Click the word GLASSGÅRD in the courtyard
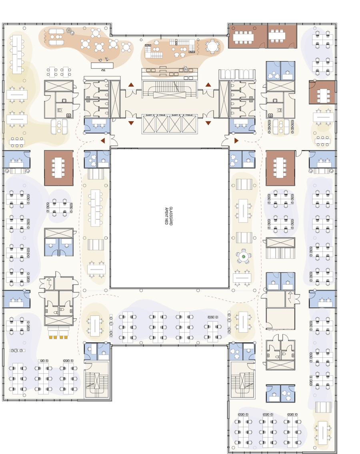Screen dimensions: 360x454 [171, 216]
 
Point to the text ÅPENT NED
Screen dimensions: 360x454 [166, 216]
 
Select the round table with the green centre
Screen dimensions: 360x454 [244, 257]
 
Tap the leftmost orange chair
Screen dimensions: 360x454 [51, 337]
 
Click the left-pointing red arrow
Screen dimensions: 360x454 [103, 141]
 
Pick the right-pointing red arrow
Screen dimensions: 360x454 [236, 141]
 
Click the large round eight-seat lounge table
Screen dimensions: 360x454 [212, 46]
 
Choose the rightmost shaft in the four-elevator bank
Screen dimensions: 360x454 [189, 124]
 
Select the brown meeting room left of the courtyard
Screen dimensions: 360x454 [58, 168]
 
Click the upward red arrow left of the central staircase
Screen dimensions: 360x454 [131, 85]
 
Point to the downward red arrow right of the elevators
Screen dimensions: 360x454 [208, 123]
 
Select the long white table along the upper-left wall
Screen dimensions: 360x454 [17, 54]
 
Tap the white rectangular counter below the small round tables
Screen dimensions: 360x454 [102, 66]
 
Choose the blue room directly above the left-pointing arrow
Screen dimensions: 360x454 [97, 125]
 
